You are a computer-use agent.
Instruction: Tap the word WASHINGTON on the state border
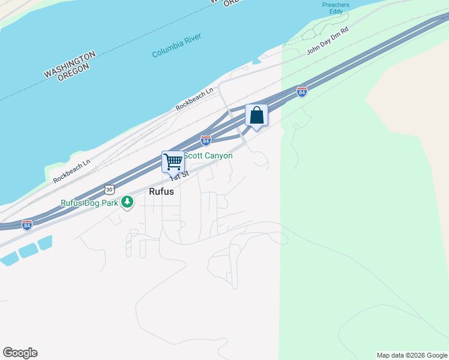pos(70,64)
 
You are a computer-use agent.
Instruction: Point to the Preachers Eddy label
pos(335,7)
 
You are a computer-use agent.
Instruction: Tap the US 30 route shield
pos(109,189)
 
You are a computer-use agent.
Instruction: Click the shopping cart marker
pos(173,161)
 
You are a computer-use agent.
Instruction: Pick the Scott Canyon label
pos(208,156)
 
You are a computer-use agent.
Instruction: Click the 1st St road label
pos(179,175)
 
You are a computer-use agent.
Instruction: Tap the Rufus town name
pos(161,192)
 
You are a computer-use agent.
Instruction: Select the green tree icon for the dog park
pos(127,202)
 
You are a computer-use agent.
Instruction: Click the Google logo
pos(20,353)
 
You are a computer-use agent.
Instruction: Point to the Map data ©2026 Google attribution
pos(412,355)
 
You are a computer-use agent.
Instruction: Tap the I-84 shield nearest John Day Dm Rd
pos(302,92)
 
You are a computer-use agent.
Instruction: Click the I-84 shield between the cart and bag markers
pos(206,141)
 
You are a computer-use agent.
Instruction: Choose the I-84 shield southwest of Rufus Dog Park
pos(27,224)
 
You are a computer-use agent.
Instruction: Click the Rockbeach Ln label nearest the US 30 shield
pos(71,170)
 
